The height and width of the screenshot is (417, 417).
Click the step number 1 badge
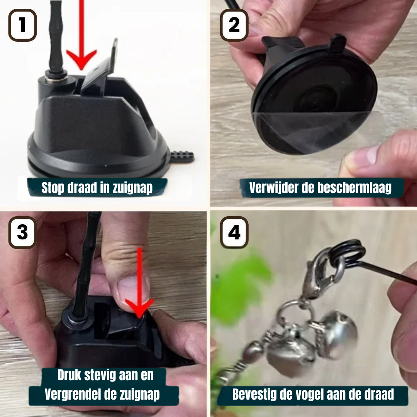pyautogui.click(x=23, y=25)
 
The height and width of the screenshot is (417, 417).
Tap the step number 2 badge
pyautogui.click(x=234, y=25)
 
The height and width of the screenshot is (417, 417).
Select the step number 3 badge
pyautogui.click(x=23, y=232)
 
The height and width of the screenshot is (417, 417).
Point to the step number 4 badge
pyautogui.click(x=234, y=232)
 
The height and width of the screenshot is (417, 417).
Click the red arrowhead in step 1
pyautogui.click(x=81, y=59)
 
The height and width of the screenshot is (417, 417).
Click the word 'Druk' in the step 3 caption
pyautogui.click(x=69, y=375)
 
